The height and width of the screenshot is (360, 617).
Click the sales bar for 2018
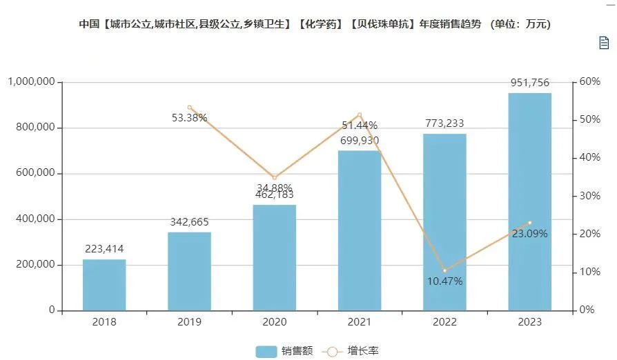(x=104, y=285)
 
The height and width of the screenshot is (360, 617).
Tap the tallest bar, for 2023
(x=529, y=201)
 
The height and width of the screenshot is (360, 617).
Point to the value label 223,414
(x=104, y=249)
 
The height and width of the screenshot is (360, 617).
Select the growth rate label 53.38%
(x=189, y=117)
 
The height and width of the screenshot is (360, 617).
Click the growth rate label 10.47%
(x=444, y=281)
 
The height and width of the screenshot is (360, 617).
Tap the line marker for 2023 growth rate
(x=529, y=223)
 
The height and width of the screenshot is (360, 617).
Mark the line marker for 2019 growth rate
(x=189, y=108)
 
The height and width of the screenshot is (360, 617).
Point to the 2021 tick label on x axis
(x=359, y=322)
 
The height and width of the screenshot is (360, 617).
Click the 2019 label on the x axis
(x=189, y=322)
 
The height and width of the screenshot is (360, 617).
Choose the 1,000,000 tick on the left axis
(x=31, y=82)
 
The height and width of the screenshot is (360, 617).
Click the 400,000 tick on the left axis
(x=34, y=219)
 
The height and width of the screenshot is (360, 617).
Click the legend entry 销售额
(x=284, y=351)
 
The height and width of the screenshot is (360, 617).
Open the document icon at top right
(x=603, y=43)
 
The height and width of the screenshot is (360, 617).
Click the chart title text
(x=314, y=24)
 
